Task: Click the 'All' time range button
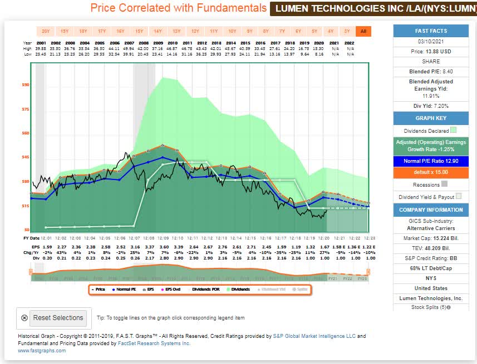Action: tap(364, 31)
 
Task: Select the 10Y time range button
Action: tap(232, 31)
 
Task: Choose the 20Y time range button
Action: tap(46, 31)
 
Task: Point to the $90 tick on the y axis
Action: tap(26, 84)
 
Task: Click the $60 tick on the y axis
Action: tap(26, 133)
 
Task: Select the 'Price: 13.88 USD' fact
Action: tap(427, 51)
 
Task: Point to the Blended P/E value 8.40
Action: tap(427, 71)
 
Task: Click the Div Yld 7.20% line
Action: tap(427, 106)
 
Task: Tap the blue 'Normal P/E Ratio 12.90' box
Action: tap(427, 161)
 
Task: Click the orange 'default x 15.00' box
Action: tap(427, 172)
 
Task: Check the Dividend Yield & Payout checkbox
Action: tap(459, 197)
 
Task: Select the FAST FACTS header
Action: tap(427, 31)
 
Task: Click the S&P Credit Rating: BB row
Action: tap(427, 258)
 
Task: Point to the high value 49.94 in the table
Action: tap(129, 48)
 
